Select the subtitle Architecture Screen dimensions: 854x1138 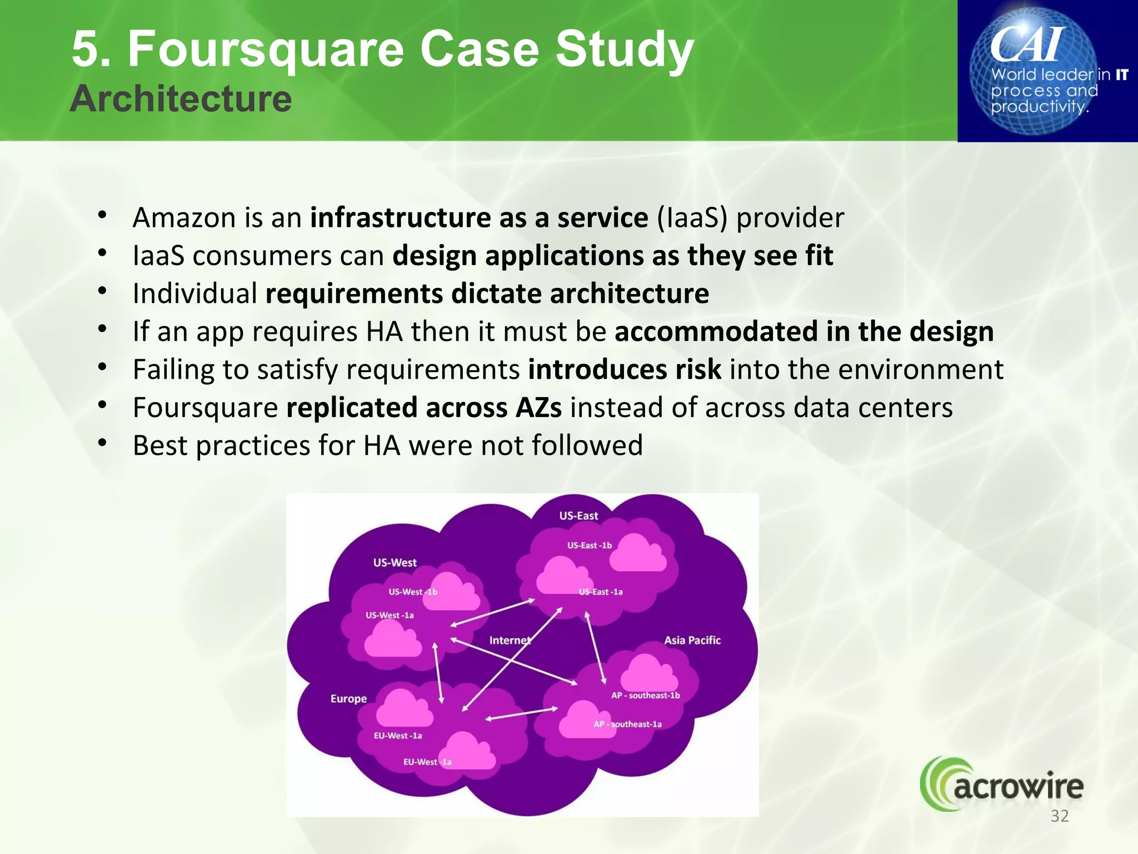(x=181, y=98)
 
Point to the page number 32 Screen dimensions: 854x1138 (x=1059, y=816)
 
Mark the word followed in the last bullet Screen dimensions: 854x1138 (x=587, y=445)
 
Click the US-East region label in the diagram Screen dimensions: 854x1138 (x=578, y=516)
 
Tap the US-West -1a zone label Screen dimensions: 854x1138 (x=390, y=615)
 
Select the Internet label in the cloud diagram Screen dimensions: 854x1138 (x=510, y=640)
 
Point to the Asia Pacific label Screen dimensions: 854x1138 (x=692, y=640)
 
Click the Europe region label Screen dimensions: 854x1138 (x=348, y=699)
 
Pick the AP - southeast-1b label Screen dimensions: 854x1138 (x=645, y=696)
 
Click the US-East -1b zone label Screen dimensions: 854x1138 (x=589, y=545)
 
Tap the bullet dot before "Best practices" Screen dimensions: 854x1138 (x=102, y=443)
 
